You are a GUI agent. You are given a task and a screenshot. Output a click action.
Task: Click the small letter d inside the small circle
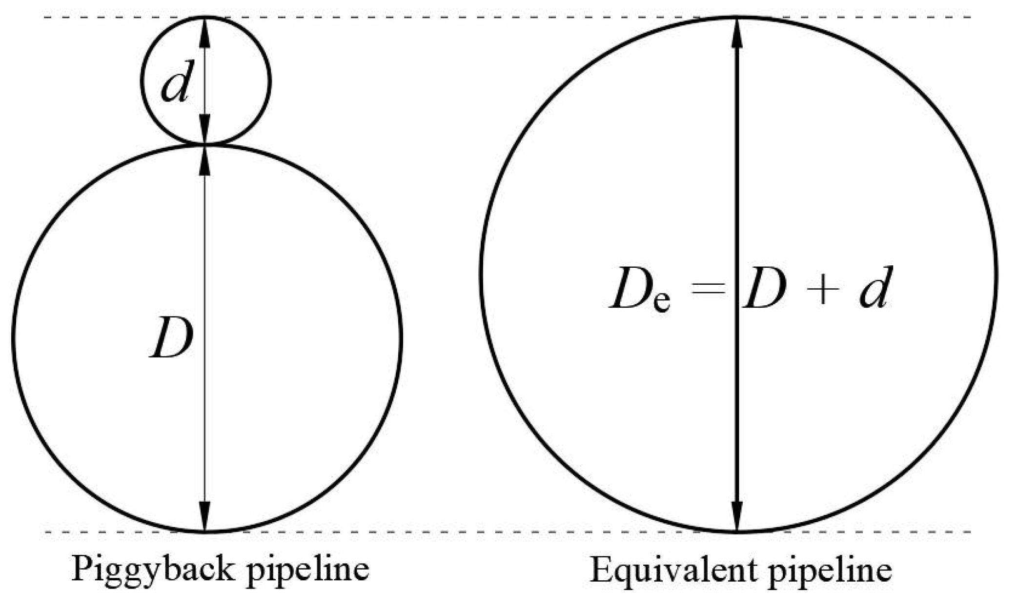(175, 81)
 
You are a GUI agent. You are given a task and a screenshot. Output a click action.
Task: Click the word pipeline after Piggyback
(307, 570)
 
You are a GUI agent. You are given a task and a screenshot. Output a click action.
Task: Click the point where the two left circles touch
(205, 144)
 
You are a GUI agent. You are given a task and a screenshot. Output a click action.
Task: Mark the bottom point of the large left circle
(205, 531)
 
